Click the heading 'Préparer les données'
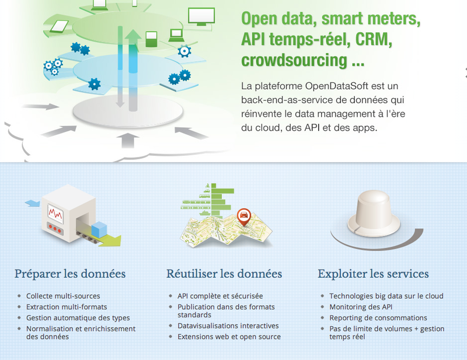[70, 274]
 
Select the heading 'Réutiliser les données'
[224, 274]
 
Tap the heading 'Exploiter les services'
[373, 274]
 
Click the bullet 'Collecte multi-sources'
[63, 296]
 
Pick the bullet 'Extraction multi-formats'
[67, 307]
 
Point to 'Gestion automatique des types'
[78, 318]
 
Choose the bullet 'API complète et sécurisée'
[220, 296]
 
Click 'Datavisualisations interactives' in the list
[228, 326]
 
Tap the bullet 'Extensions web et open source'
[229, 337]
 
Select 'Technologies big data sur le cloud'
[386, 296]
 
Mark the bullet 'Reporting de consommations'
[378, 318]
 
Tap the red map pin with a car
[243, 217]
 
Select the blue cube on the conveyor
[101, 228]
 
